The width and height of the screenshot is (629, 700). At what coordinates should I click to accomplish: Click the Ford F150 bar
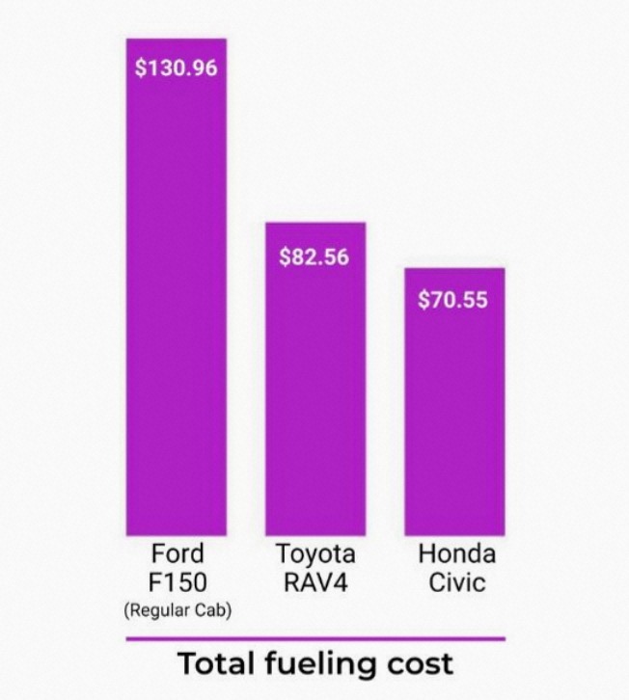[177, 309]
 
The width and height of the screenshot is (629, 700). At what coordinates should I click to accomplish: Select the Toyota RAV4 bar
[315, 395]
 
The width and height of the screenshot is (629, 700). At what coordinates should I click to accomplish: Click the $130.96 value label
[177, 70]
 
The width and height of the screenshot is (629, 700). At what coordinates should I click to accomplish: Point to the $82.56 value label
[314, 257]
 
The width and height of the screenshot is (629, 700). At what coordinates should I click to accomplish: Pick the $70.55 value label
[453, 300]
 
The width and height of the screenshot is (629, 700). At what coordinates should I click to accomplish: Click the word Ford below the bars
[178, 554]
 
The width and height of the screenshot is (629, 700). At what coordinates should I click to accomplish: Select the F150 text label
[178, 582]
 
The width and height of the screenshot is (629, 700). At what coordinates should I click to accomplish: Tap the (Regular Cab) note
[178, 609]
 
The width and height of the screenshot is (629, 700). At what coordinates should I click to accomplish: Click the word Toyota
[315, 554]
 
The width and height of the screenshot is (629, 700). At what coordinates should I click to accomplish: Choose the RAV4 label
[315, 582]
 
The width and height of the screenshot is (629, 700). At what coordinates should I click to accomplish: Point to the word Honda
[456, 554]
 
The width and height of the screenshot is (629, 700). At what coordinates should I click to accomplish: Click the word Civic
[456, 582]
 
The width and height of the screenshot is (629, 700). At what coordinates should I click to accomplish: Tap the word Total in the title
[219, 665]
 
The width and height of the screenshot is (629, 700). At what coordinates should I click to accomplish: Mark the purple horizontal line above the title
[314, 638]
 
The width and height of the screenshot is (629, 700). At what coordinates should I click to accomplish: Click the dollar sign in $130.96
[141, 70]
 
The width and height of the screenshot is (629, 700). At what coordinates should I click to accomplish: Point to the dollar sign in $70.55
[424, 300]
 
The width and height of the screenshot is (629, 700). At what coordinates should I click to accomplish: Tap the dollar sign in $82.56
[285, 257]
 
